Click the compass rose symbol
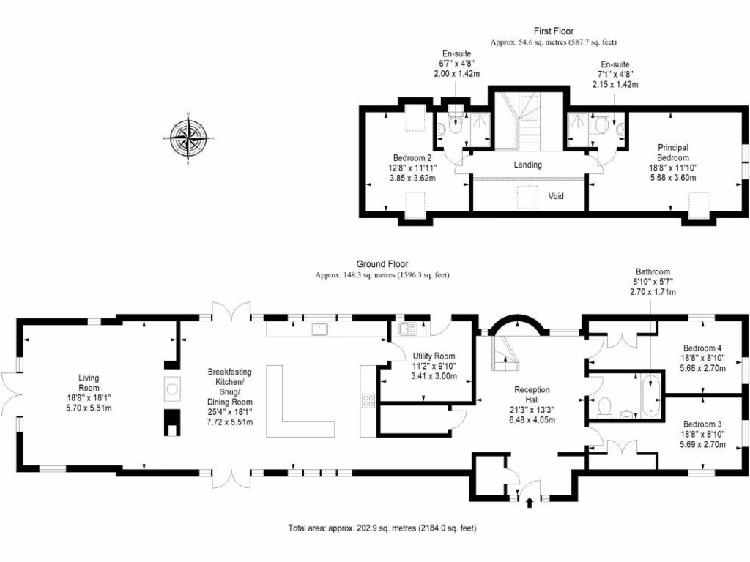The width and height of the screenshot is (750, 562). pos(189,138)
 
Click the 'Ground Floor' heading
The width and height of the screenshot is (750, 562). pos(382,264)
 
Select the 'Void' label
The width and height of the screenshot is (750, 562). pos(557,196)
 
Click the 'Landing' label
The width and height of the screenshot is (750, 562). pos(527,165)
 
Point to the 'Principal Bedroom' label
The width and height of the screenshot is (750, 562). pos(672,152)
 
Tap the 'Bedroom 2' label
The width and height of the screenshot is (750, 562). pos(412,158)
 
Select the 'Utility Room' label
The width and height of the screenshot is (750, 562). pos(434,356)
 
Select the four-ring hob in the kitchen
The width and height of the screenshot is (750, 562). pos(368,400)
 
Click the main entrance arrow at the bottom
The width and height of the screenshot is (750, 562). pos(530,503)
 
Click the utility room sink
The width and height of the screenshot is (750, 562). pos(408,329)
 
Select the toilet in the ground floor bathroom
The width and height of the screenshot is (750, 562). pos(606,405)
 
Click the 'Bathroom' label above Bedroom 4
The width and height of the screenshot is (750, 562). pos(652,271)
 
